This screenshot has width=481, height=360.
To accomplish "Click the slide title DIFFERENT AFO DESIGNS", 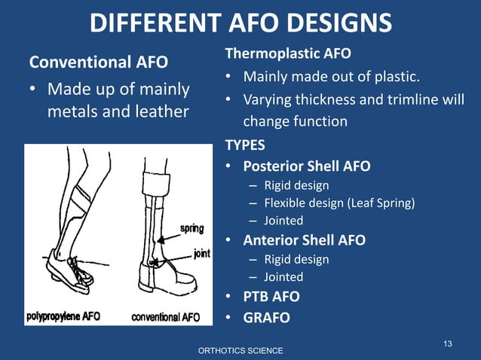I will (240, 23).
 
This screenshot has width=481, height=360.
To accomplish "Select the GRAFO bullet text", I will (266, 317).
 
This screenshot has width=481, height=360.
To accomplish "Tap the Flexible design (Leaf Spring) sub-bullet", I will (339, 203).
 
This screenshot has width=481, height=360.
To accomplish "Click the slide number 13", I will (447, 343).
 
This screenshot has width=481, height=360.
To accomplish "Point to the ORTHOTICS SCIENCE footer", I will (240, 351).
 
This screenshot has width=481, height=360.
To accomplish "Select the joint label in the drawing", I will (201, 254).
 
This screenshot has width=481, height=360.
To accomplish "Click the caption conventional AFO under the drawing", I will (166, 316).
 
